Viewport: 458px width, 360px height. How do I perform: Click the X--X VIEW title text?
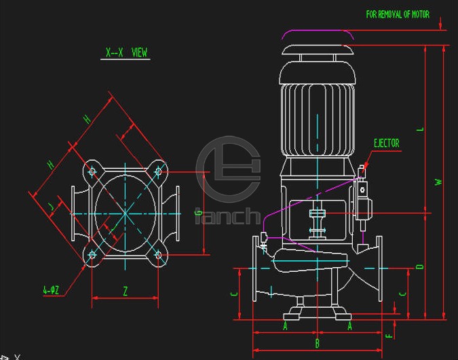(x=126, y=53)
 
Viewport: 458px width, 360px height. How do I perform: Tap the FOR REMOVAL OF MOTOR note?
(x=398, y=14)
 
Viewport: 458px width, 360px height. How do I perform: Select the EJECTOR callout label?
(x=387, y=143)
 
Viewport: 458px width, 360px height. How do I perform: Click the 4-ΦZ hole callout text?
(x=51, y=290)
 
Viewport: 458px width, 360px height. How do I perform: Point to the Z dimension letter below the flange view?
(x=126, y=291)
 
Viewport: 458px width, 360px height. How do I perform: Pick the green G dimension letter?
(x=198, y=212)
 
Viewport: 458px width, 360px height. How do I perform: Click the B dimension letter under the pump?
(x=318, y=343)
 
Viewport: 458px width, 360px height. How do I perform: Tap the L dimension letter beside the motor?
(x=421, y=129)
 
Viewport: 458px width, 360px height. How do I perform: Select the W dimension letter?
(x=439, y=182)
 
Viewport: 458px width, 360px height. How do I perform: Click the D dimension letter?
(x=420, y=266)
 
